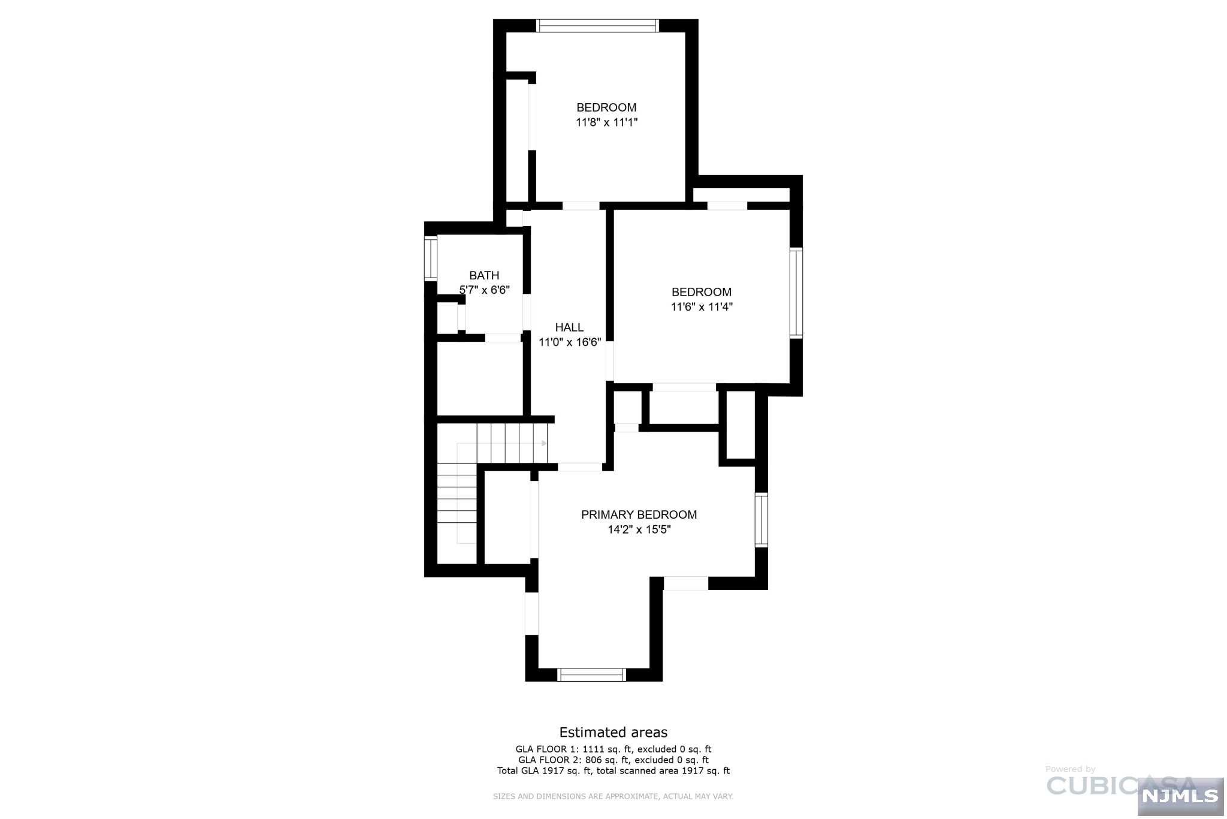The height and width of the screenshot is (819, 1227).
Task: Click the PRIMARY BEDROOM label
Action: [639, 514]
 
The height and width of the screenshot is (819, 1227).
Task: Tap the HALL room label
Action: [569, 327]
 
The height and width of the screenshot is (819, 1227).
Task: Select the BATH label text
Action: [484, 275]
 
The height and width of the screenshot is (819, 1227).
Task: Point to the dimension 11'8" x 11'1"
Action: [606, 122]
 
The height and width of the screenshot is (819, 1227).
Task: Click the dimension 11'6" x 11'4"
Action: [702, 307]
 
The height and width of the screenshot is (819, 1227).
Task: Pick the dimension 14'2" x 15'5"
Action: [639, 529]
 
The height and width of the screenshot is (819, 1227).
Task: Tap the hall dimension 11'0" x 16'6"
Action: [570, 342]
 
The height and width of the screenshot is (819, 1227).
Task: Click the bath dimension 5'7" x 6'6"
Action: [484, 290]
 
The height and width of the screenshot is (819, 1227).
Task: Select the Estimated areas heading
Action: [613, 732]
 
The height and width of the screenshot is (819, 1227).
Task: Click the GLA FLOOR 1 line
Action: [613, 749]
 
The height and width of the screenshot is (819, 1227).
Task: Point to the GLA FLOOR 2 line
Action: [613, 760]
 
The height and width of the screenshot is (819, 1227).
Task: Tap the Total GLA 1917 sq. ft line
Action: [613, 770]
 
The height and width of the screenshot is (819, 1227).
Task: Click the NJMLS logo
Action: [1180, 796]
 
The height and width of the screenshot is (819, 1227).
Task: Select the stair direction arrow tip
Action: [544, 443]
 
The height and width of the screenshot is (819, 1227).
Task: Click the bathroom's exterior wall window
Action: [431, 259]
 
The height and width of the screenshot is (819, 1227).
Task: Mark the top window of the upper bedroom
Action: [597, 26]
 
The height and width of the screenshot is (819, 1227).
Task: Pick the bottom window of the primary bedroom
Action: [591, 675]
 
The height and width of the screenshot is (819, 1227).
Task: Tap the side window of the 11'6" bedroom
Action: [796, 293]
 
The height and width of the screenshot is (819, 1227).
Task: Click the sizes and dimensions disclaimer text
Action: [613, 796]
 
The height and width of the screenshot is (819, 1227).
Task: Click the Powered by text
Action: [1070, 769]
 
